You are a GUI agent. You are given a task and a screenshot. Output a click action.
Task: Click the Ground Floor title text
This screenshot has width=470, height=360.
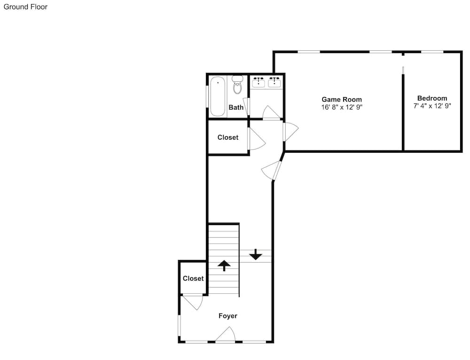(x=25, y=7)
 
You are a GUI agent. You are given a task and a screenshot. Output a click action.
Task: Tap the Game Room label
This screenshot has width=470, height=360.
(x=342, y=99)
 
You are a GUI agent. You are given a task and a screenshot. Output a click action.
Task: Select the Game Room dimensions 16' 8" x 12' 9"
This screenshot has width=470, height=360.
(x=342, y=107)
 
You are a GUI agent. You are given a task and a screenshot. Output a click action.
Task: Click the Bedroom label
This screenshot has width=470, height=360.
(x=432, y=98)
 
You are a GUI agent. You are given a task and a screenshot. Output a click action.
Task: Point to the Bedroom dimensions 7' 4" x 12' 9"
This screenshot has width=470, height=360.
(x=432, y=106)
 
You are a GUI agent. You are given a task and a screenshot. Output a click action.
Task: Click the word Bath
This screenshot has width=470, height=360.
(x=236, y=107)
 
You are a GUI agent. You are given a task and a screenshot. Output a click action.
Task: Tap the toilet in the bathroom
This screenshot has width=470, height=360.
(x=237, y=85)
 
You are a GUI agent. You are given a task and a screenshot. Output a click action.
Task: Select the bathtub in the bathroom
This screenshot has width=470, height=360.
(x=218, y=96)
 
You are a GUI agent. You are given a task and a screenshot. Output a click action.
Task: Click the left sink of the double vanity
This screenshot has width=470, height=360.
(x=258, y=82)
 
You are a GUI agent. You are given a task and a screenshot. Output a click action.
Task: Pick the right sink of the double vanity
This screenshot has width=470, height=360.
(x=274, y=82)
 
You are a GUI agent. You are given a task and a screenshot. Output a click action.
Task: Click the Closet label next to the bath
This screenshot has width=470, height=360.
(x=228, y=137)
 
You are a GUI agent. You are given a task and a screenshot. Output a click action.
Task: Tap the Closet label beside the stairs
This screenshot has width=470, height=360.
(x=193, y=279)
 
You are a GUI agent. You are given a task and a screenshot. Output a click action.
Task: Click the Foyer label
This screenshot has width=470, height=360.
(x=228, y=316)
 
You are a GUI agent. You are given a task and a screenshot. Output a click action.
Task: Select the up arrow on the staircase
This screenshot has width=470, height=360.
(x=224, y=266)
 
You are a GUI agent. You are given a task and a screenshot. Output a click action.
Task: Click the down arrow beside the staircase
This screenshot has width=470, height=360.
(x=256, y=254)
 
